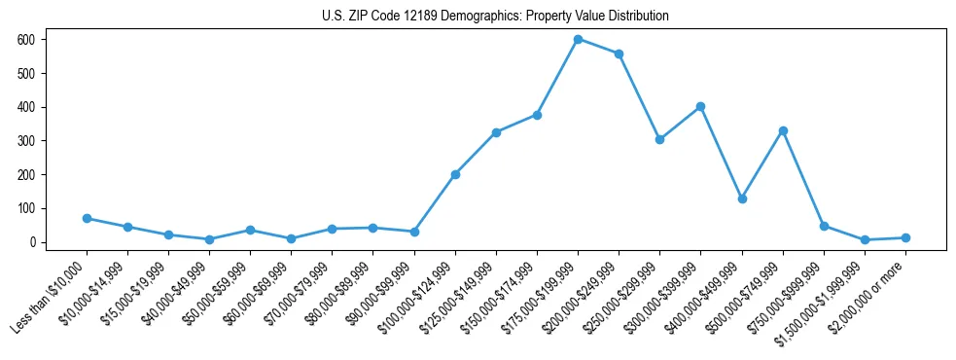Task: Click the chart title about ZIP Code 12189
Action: [495, 17]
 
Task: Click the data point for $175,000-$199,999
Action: [578, 40]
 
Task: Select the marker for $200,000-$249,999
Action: [619, 54]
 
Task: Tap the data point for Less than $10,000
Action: [87, 219]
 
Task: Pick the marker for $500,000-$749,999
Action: [783, 130]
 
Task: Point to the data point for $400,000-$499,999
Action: [742, 198]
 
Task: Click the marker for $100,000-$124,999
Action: [455, 175]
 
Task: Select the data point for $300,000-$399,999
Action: [700, 106]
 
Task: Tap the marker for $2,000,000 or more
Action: [905, 237]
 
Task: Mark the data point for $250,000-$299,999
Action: [659, 139]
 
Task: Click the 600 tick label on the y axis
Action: [26, 40]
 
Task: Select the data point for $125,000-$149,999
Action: [496, 132]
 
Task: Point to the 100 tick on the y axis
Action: [26, 208]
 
